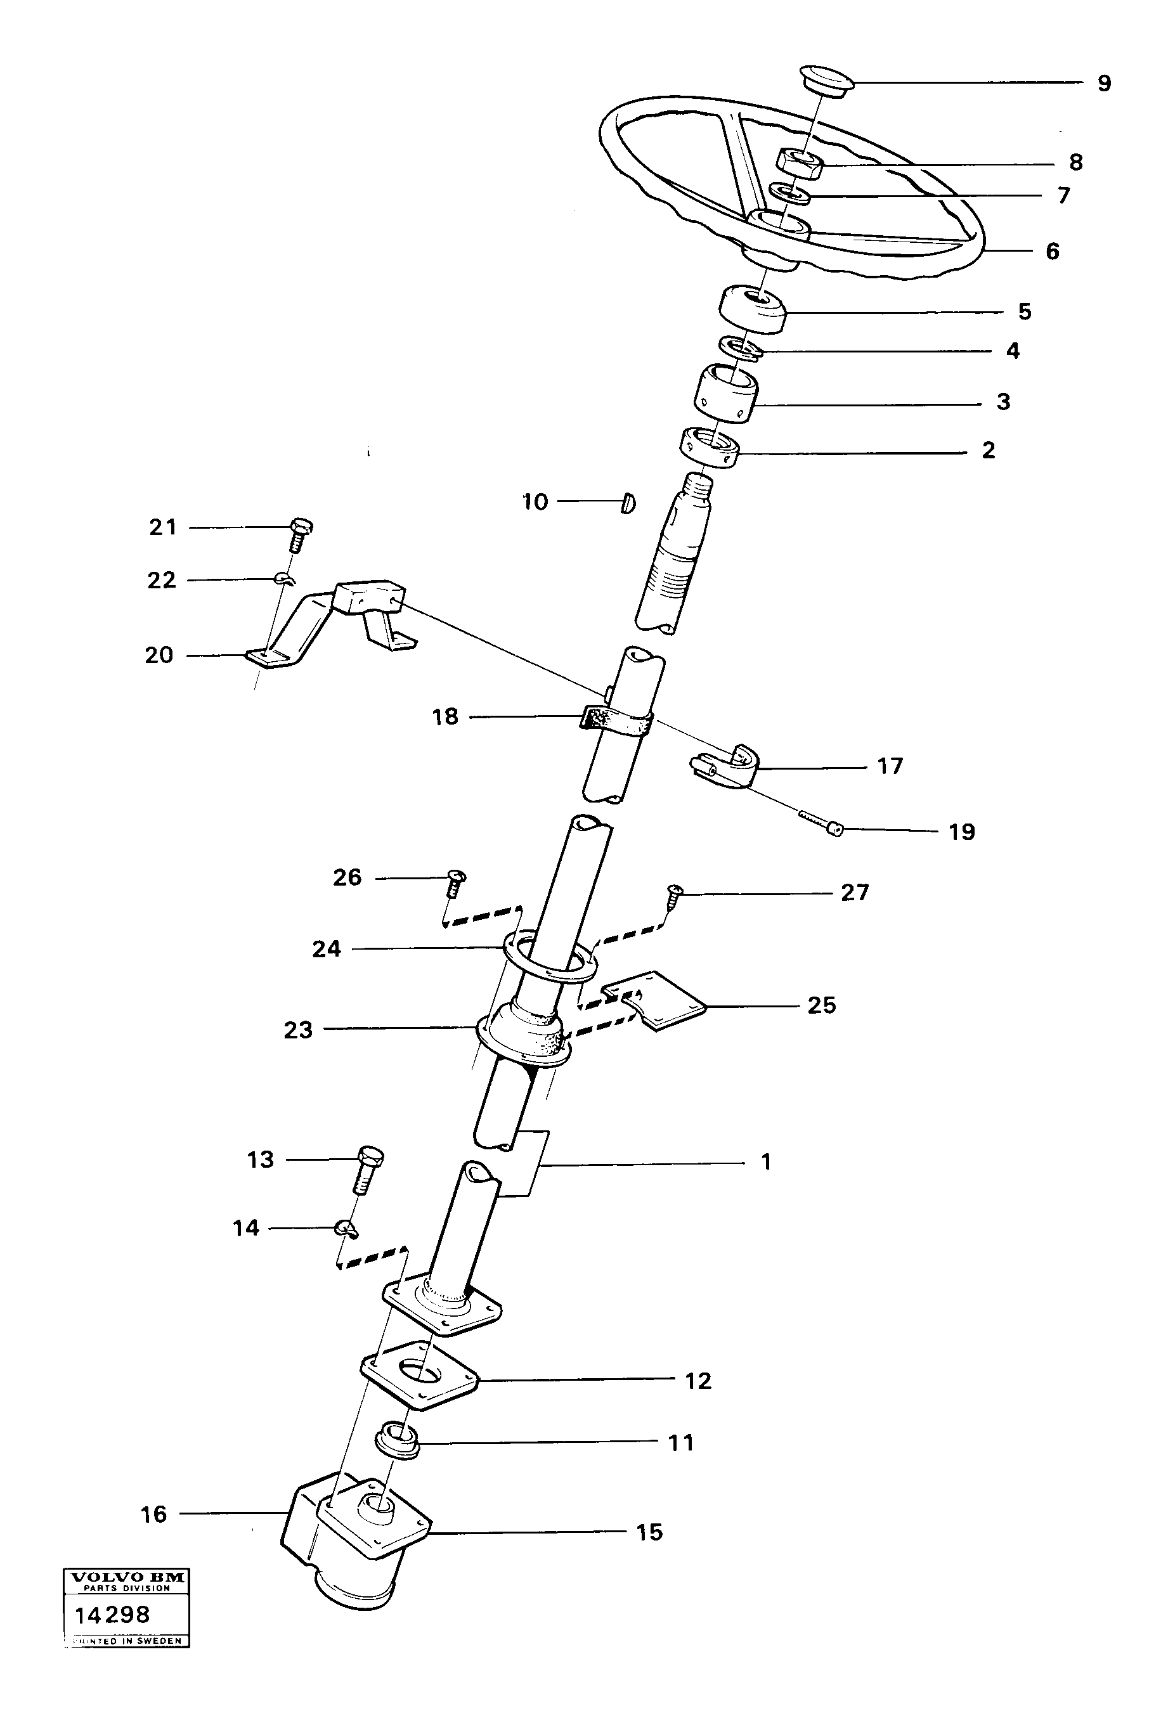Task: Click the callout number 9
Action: (x=1104, y=84)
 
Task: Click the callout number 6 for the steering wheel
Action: (x=1053, y=251)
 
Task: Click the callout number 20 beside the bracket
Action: (x=159, y=655)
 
